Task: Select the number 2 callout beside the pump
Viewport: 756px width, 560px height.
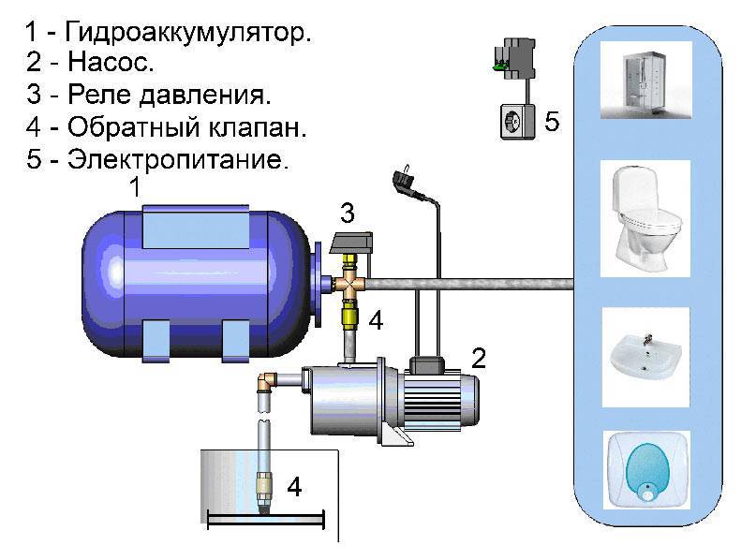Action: (478, 358)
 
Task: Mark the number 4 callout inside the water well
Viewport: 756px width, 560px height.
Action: (294, 487)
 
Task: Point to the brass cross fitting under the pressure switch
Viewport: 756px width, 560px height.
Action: (348, 283)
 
